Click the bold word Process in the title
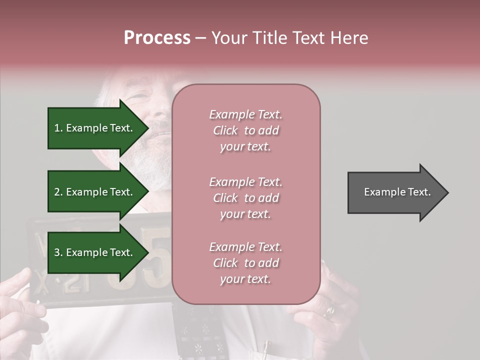coord(157,38)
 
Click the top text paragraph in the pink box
coord(245,130)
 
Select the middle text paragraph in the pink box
coord(245,198)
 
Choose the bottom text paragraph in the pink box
coord(245,263)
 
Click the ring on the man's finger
coord(329,311)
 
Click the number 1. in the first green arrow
coord(58,128)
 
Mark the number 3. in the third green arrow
coord(58,252)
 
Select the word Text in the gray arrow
coord(419,192)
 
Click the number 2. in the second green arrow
coord(58,192)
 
